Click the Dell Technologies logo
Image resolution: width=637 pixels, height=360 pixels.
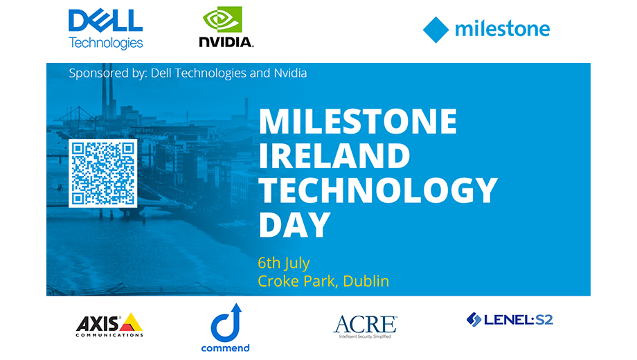106,29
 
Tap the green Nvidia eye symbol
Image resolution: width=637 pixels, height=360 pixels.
222,19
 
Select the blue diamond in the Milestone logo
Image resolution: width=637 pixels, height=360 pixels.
436,30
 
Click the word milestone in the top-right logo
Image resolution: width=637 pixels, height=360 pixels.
502,29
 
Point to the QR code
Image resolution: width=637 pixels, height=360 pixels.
102,174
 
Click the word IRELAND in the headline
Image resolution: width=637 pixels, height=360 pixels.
334,156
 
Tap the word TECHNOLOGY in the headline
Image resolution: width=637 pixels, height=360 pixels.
378,190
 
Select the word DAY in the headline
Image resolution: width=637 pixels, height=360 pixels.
294,225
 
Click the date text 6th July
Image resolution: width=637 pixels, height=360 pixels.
284,263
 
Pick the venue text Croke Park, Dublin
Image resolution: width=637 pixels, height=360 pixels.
323,281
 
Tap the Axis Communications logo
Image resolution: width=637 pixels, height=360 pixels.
109,325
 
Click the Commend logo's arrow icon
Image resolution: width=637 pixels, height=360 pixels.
226,323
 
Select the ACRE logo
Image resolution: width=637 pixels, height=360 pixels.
365,326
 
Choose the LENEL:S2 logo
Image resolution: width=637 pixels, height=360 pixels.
510,320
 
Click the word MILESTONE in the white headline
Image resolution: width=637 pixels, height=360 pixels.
358,121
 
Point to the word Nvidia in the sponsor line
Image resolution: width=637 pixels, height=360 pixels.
290,73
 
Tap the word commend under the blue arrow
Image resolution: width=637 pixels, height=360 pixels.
226,348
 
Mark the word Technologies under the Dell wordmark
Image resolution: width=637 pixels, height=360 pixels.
106,43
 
